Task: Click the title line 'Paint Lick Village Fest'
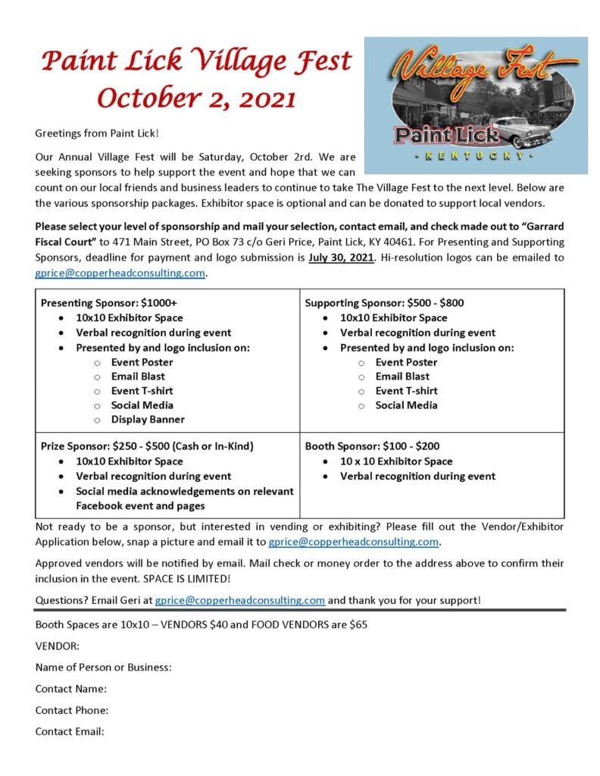click(x=195, y=61)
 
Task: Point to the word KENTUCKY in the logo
click(x=475, y=156)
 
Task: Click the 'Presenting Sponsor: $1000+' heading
click(x=108, y=303)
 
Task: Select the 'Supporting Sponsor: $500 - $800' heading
click(x=384, y=303)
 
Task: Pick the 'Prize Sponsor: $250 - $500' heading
click(x=147, y=446)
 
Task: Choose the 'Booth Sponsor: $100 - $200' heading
click(x=372, y=446)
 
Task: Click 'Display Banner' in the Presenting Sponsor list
click(x=148, y=419)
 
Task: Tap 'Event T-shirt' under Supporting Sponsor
click(x=407, y=390)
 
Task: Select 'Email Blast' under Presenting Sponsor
click(x=138, y=376)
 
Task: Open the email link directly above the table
click(x=120, y=273)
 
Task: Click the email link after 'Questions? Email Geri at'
click(x=240, y=599)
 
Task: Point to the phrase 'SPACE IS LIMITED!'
click(x=186, y=578)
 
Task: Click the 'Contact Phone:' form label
click(x=72, y=710)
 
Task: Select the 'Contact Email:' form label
click(x=70, y=731)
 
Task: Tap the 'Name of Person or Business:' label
click(x=104, y=668)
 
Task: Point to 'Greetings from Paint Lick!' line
click(x=97, y=133)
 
